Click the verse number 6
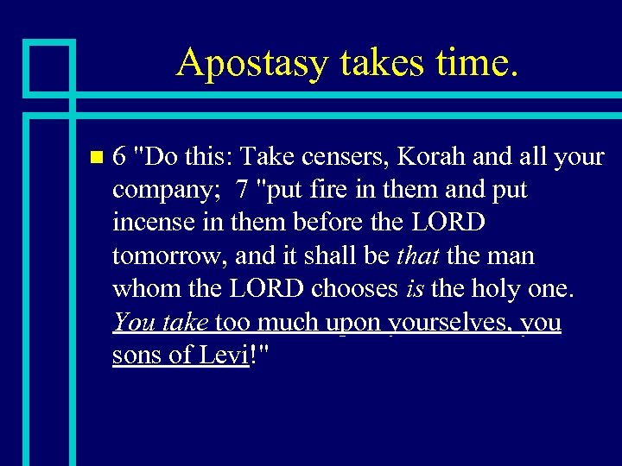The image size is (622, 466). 120,157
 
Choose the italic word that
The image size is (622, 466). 416,255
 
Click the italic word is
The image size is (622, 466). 414,288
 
